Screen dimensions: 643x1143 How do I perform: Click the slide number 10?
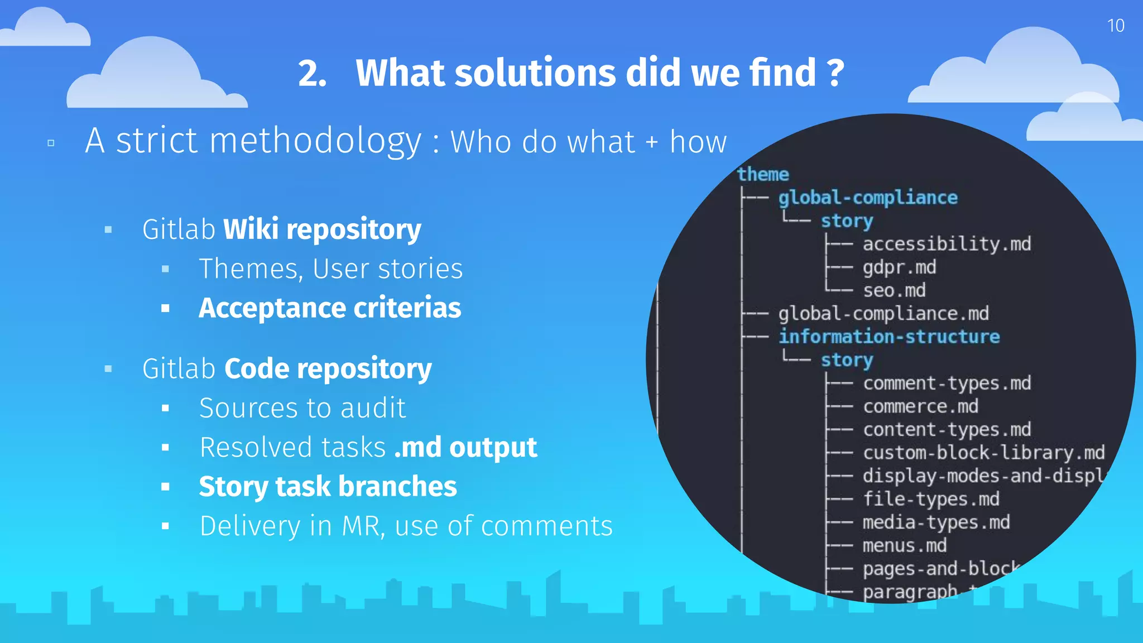pos(1115,26)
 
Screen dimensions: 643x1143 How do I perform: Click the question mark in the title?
pos(835,73)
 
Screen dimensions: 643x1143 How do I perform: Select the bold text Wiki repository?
pos(322,229)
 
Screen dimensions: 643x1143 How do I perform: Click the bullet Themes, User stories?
pos(330,269)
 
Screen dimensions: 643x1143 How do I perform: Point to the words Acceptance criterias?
pos(330,308)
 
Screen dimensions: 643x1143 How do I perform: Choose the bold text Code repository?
pos(328,369)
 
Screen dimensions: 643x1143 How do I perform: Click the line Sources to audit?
pos(302,408)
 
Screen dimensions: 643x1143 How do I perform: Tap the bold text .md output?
pos(465,448)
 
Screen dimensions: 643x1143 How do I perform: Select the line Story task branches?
pos(328,487)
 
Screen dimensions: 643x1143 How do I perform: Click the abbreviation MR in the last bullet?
pos(363,526)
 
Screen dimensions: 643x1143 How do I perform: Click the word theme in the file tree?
pos(762,174)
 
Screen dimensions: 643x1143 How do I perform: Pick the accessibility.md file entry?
pos(947,244)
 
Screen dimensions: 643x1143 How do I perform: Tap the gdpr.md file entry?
pos(899,267)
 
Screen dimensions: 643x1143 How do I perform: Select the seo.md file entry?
pos(894,290)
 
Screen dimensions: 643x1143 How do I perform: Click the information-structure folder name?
pos(889,337)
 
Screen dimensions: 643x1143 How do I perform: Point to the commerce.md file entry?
pos(920,406)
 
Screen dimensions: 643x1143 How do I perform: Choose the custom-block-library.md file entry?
pos(983,453)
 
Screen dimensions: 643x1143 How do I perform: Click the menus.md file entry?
pos(904,545)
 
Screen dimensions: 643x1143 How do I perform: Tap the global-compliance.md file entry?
pos(883,314)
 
